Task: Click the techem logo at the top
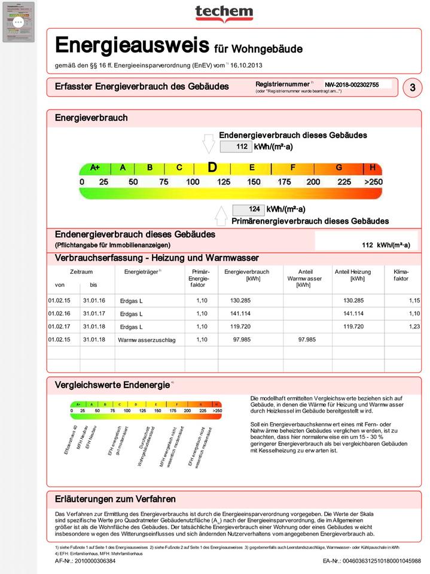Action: pos(224,13)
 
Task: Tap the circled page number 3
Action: pos(412,87)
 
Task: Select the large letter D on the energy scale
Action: pos(212,167)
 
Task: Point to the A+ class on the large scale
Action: pos(95,168)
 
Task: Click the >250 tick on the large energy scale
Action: pos(373,182)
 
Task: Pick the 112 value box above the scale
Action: pos(236,146)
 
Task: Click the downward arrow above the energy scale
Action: pos(209,144)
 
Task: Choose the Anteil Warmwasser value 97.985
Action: pos(306,340)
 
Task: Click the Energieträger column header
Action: pos(142,272)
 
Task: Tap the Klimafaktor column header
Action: pos(401,276)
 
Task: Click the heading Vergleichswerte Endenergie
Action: pos(112,385)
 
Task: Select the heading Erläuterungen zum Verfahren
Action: pos(115,499)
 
